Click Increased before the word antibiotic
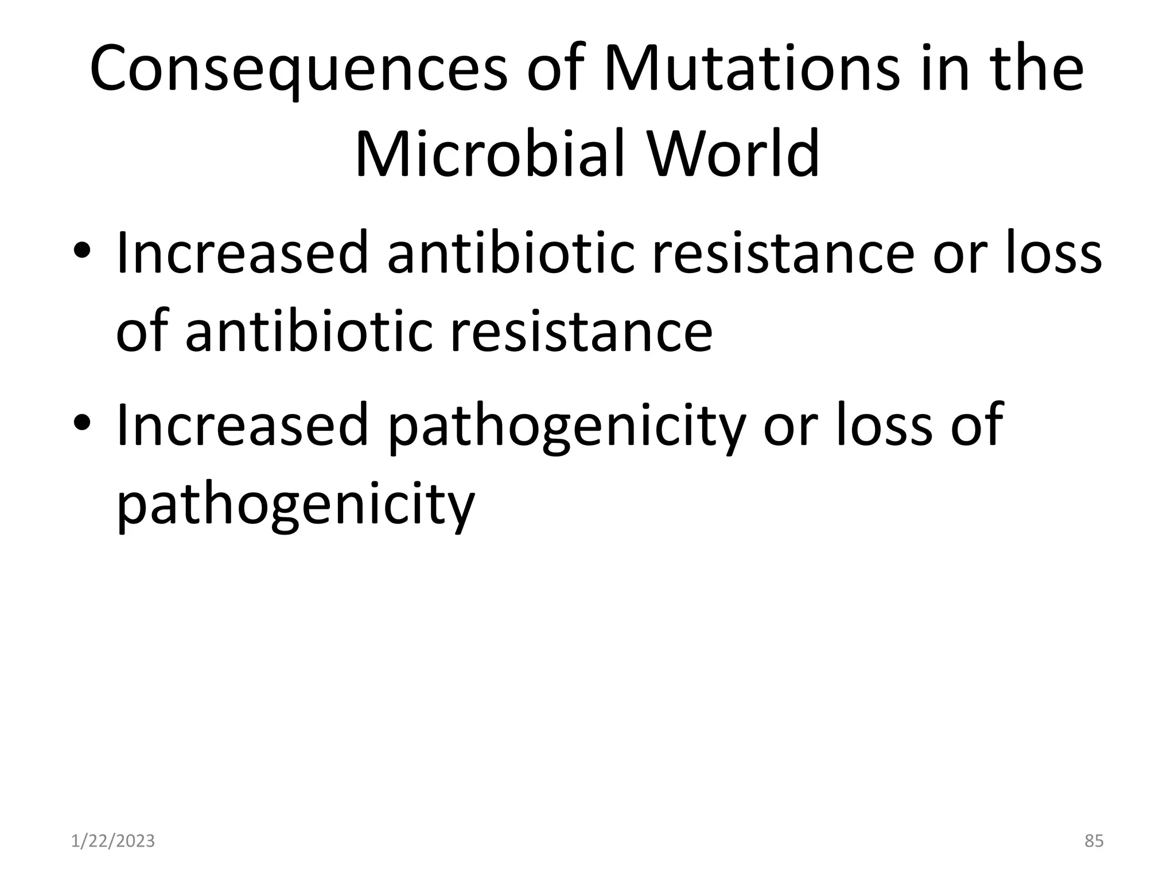click(242, 252)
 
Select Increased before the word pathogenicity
click(242, 424)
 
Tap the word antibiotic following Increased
click(511, 252)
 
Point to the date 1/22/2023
click(113, 841)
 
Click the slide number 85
click(1094, 841)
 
